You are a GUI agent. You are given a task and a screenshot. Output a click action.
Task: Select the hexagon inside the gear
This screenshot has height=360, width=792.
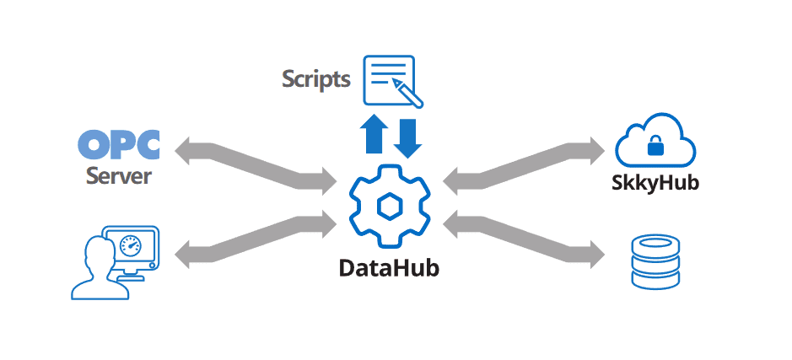pos(389,206)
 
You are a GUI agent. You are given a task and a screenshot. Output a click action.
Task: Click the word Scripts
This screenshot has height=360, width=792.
pos(315,79)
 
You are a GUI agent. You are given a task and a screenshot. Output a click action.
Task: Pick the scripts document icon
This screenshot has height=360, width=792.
pos(389,78)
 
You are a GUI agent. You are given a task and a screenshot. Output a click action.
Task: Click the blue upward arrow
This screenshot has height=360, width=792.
pos(373,135)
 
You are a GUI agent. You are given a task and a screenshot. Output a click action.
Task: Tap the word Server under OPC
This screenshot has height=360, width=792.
pos(119,176)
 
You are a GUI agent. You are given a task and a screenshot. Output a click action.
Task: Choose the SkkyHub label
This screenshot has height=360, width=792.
pos(655,182)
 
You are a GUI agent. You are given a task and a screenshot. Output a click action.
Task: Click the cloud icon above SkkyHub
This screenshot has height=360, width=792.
pos(655,142)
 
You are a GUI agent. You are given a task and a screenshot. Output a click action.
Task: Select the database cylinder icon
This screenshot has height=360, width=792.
pos(655,262)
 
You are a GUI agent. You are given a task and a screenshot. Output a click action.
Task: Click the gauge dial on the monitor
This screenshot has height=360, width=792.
pos(130,245)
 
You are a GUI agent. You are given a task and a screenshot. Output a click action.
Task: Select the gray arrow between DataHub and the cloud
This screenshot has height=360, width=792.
pos(523,164)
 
